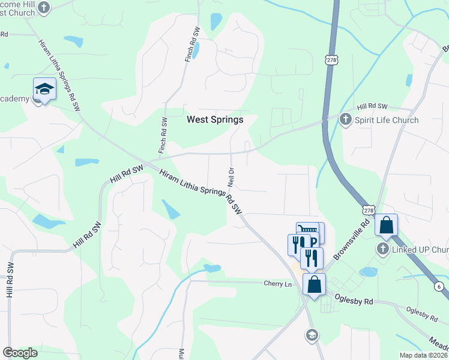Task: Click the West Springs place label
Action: point(215,119)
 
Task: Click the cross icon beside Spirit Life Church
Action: point(345,119)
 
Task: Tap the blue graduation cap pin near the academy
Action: point(44,89)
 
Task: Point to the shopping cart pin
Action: point(309,230)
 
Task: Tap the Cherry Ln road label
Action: point(277,283)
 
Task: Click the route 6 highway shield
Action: point(439,287)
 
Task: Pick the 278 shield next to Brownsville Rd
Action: point(369,211)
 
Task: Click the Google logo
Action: point(20,352)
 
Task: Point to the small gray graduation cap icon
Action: point(311,335)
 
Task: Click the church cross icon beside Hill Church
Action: point(43,8)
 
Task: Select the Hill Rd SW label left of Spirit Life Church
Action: point(370,106)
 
